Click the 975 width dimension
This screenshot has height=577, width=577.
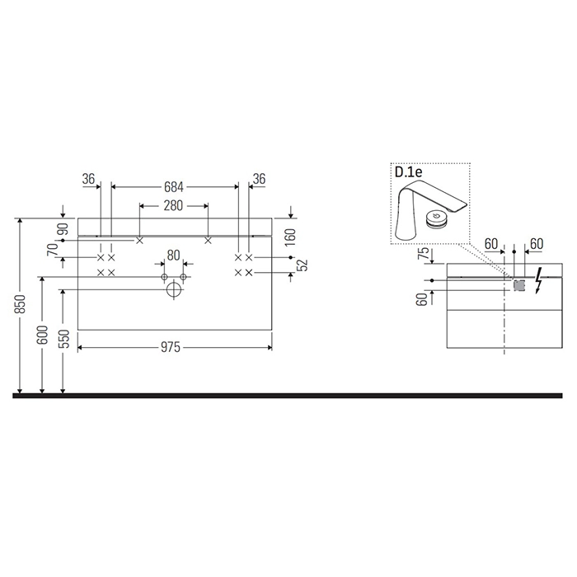171,347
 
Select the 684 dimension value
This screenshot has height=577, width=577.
174,187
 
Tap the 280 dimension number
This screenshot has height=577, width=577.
173,206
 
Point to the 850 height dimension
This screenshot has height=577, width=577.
21,304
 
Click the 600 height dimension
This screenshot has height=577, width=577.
43,335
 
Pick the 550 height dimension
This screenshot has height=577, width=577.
64,340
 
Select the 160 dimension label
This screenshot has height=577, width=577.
290,237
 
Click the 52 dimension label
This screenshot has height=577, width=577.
303,265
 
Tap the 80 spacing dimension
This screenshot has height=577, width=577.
173,255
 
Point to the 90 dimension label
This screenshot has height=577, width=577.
63,229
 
